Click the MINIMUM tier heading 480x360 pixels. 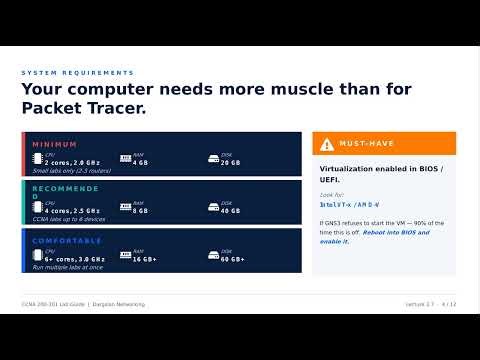point(54,145)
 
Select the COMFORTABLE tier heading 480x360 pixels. point(67,241)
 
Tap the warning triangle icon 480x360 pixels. point(329,144)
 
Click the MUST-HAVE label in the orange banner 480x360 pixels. point(367,144)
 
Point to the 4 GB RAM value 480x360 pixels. point(139,162)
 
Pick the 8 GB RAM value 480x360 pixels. point(139,211)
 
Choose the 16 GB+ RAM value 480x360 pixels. point(144,259)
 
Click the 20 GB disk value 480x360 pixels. point(230,162)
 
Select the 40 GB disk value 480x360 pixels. point(230,211)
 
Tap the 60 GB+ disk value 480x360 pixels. point(233,259)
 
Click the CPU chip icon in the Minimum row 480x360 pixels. point(38,160)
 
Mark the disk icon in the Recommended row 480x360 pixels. point(211,209)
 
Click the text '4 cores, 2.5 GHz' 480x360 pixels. point(72,211)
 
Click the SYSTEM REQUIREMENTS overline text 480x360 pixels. point(77,73)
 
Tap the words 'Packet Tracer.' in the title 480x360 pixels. point(84,108)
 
